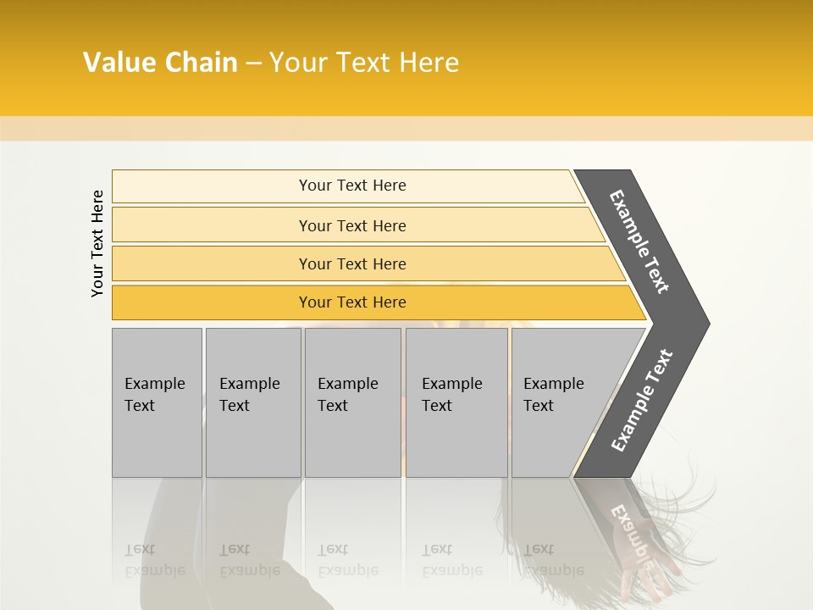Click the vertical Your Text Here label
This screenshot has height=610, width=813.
97,243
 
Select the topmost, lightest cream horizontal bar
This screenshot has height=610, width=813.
347,186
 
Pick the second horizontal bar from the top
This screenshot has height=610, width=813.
352,225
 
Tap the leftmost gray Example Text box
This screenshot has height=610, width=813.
157,402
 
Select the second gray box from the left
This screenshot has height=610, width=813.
253,402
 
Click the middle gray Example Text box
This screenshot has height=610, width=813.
352,402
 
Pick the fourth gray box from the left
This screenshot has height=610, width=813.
456,402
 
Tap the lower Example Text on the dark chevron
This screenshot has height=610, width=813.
642,400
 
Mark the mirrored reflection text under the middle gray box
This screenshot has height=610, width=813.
347,561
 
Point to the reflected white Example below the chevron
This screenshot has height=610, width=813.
633,534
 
